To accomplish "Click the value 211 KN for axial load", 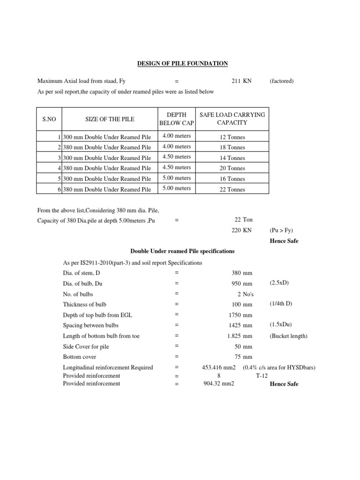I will click(x=241, y=81).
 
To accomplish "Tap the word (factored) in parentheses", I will click(x=282, y=81).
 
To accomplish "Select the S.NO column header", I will click(x=49, y=119).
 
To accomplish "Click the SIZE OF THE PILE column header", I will click(x=110, y=119).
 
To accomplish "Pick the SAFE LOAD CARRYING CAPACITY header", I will click(x=232, y=119).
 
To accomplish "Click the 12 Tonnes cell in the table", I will click(x=232, y=137).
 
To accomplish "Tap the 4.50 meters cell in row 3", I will click(x=177, y=157).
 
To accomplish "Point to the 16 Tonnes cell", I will click(x=232, y=179).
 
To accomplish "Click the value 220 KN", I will click(x=241, y=231).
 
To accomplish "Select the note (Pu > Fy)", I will click(x=281, y=231).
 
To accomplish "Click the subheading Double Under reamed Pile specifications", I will click(x=182, y=251).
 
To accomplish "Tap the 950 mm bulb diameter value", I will click(x=241, y=284).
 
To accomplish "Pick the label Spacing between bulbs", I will click(x=91, y=325).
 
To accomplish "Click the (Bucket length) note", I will click(x=287, y=336).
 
